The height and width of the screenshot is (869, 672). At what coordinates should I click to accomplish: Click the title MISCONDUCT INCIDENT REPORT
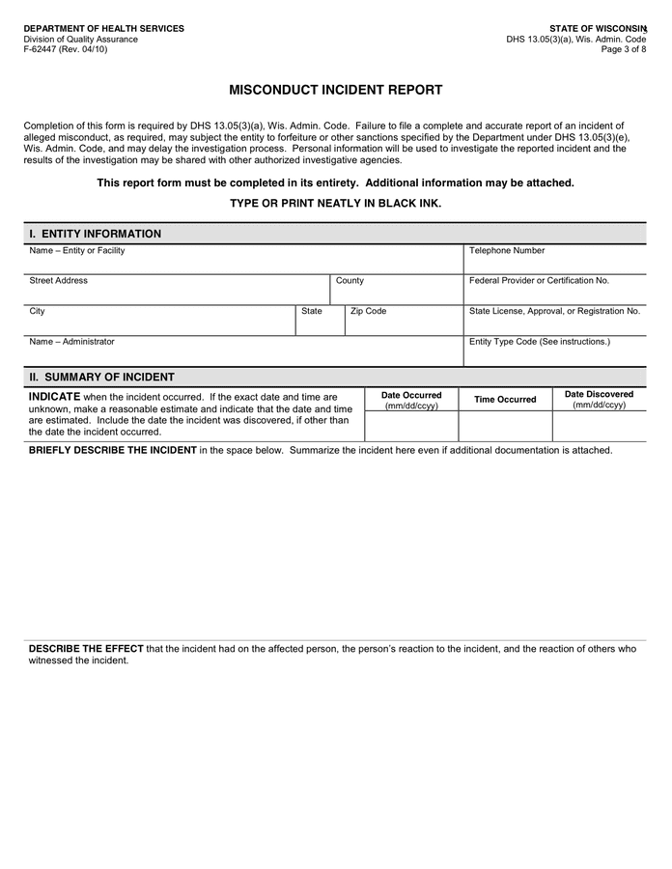(335, 90)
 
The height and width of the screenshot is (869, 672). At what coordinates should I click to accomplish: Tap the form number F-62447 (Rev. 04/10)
(66, 50)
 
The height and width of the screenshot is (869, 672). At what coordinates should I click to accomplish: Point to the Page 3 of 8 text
(623, 50)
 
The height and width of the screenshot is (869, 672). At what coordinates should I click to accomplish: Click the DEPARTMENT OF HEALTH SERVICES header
(103, 29)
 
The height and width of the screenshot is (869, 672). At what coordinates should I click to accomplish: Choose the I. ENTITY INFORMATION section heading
(96, 234)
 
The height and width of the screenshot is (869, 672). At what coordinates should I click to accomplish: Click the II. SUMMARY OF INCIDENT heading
(101, 377)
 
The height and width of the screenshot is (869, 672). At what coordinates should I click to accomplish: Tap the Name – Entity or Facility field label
(77, 251)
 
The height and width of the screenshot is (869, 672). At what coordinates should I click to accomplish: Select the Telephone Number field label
(507, 251)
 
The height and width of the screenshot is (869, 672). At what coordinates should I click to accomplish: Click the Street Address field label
(59, 281)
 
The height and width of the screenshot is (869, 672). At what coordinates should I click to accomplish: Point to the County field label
(350, 281)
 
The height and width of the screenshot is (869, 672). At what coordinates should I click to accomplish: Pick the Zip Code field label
(368, 312)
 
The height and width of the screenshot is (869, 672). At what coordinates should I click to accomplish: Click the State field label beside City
(312, 312)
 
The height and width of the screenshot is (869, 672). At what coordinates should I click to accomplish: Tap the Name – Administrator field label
(72, 342)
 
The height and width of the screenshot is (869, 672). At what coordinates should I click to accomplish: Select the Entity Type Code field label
(539, 342)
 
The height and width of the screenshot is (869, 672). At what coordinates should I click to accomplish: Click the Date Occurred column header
(411, 400)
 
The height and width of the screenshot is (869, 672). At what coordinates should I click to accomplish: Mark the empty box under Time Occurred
(505, 426)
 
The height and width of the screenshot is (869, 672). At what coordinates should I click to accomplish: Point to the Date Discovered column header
(599, 399)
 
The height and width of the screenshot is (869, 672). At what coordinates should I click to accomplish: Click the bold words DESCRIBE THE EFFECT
(86, 649)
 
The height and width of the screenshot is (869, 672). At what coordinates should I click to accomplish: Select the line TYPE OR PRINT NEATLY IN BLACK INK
(335, 204)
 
